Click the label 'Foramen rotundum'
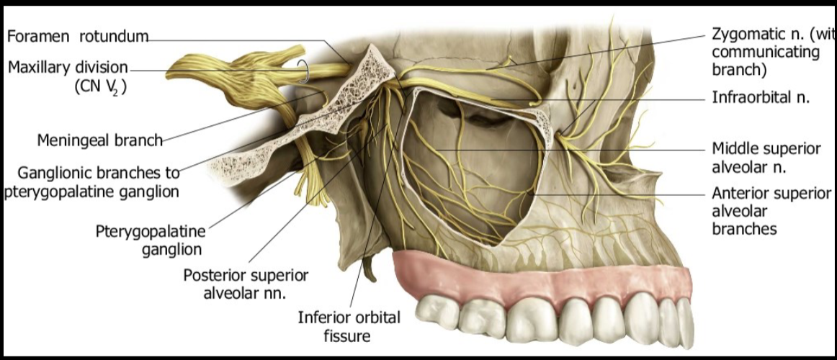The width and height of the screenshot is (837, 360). coord(77,36)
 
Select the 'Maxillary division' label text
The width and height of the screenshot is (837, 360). coord(68,67)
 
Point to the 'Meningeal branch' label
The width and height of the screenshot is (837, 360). coord(101,140)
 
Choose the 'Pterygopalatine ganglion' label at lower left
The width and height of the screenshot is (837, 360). coord(151,240)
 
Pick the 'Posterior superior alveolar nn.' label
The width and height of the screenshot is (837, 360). coord(246,284)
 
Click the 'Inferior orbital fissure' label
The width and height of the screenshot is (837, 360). coord(349,326)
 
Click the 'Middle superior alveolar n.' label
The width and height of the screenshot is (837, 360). coord(766,158)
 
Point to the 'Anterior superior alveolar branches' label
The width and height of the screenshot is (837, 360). coord(771,211)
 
